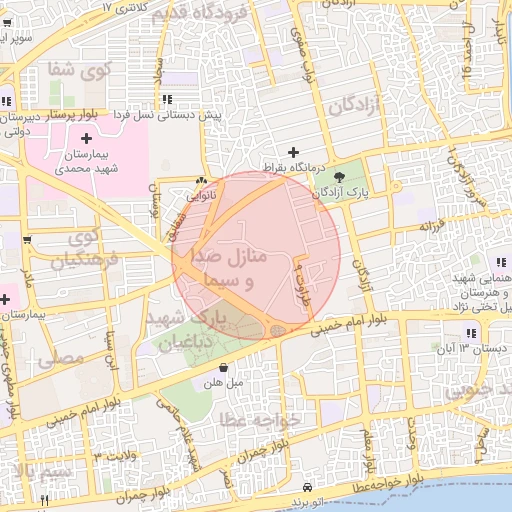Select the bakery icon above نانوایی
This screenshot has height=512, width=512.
coord(202,179)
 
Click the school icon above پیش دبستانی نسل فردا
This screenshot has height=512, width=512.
coord(166,98)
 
